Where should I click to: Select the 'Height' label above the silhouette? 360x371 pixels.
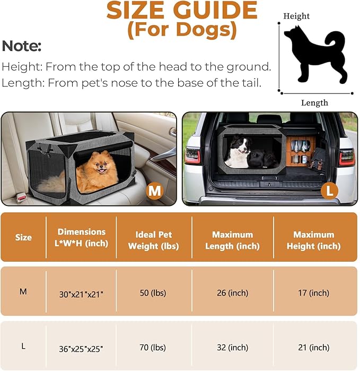(296, 16)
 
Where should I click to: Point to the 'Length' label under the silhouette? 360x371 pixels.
(314, 103)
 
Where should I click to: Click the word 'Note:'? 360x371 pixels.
(22, 46)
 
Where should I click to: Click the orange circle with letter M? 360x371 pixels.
(155, 190)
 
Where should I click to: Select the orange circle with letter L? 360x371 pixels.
(329, 190)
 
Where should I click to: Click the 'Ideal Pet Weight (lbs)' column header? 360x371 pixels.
(154, 240)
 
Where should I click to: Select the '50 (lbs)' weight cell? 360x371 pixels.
(154, 293)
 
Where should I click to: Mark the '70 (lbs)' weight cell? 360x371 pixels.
(154, 348)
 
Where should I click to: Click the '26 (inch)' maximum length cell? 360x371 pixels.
(232, 293)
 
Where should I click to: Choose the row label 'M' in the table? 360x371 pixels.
(23, 291)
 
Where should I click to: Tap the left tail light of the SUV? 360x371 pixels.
(193, 156)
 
